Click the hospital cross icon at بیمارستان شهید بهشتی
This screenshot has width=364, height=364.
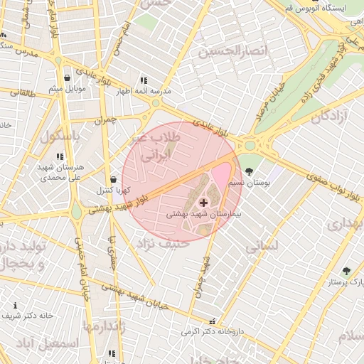(x=203, y=203)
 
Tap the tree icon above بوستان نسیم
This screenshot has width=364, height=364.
(x=249, y=171)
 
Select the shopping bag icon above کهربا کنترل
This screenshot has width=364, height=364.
(x=114, y=179)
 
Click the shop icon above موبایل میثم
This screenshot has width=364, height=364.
(x=67, y=77)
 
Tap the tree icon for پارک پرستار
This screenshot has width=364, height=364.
(x=346, y=271)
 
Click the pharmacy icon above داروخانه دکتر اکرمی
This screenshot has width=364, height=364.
(x=210, y=321)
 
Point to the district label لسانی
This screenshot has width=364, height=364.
(x=261, y=247)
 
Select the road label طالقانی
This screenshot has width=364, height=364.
(x=21, y=92)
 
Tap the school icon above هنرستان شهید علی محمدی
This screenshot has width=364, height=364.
(x=60, y=156)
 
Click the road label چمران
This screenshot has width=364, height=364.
(x=104, y=120)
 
